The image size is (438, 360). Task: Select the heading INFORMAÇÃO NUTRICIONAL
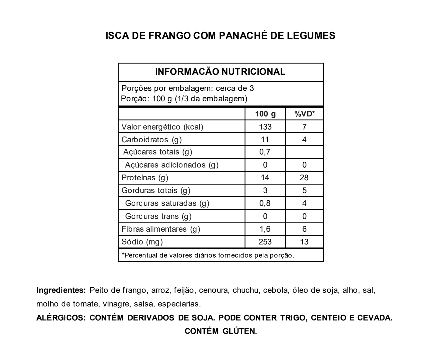click(x=221, y=72)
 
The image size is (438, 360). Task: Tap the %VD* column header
click(x=304, y=114)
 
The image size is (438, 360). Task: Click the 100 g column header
click(x=265, y=114)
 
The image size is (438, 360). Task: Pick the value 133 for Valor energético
click(x=265, y=127)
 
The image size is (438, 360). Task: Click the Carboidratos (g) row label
click(x=151, y=140)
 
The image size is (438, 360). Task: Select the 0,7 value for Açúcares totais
click(x=265, y=152)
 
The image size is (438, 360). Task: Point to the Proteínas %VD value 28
click(x=304, y=178)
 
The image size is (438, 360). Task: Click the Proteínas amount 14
click(x=265, y=178)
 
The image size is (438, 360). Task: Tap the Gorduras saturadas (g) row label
click(x=167, y=203)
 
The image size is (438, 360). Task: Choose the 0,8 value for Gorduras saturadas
click(x=265, y=203)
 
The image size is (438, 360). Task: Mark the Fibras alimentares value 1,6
click(x=265, y=229)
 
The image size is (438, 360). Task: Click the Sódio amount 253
click(x=265, y=242)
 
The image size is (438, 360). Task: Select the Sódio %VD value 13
click(x=304, y=242)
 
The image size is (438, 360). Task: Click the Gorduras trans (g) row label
click(x=158, y=216)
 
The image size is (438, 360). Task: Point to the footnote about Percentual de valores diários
click(x=208, y=255)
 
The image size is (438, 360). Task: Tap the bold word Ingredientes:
click(x=61, y=290)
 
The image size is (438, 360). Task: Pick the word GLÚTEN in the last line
click(x=240, y=331)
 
